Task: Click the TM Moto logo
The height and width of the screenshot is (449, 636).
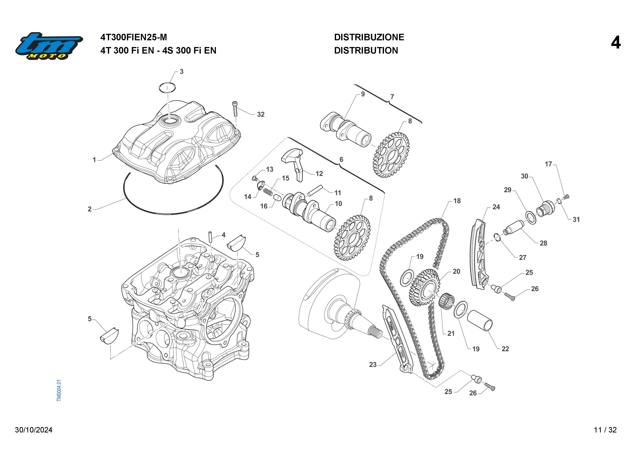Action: (49, 46)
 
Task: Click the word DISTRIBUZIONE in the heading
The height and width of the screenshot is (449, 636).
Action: (369, 37)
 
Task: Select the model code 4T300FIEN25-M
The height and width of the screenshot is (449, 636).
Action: (133, 37)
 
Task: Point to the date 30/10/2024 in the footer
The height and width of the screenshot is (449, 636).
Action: (34, 430)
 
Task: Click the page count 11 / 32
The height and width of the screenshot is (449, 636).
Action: (605, 430)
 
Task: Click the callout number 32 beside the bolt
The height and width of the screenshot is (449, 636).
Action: (261, 114)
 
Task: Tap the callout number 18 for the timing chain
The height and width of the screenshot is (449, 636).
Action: (457, 201)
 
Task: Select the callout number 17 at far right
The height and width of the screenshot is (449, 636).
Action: (548, 164)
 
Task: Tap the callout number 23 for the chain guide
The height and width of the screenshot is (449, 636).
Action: (373, 365)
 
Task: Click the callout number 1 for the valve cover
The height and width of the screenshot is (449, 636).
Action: (94, 160)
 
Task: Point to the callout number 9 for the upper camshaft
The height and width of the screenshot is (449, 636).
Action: (363, 94)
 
